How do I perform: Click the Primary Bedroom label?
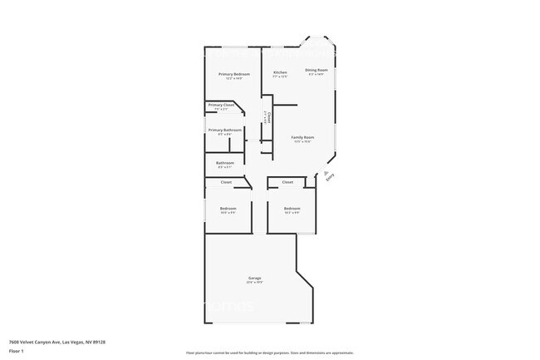pyautogui.click(x=234, y=74)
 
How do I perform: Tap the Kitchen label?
pyautogui.click(x=281, y=72)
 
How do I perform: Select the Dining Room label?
pyautogui.click(x=317, y=70)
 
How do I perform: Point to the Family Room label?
pyautogui.click(x=302, y=137)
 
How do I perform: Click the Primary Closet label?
pyautogui.click(x=221, y=105)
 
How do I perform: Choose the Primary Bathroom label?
pyautogui.click(x=225, y=130)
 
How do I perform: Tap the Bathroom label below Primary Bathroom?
pyautogui.click(x=224, y=162)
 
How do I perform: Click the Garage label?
pyautogui.click(x=255, y=278)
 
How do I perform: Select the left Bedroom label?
pyautogui.click(x=228, y=208)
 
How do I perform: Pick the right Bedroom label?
pyautogui.click(x=292, y=208)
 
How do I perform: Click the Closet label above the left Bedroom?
pyautogui.click(x=226, y=181)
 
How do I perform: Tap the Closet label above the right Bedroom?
pyautogui.click(x=287, y=181)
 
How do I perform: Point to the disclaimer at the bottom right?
pyautogui.click(x=269, y=352)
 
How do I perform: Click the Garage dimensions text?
pyautogui.click(x=255, y=283)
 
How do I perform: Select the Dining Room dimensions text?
pyautogui.click(x=317, y=76)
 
